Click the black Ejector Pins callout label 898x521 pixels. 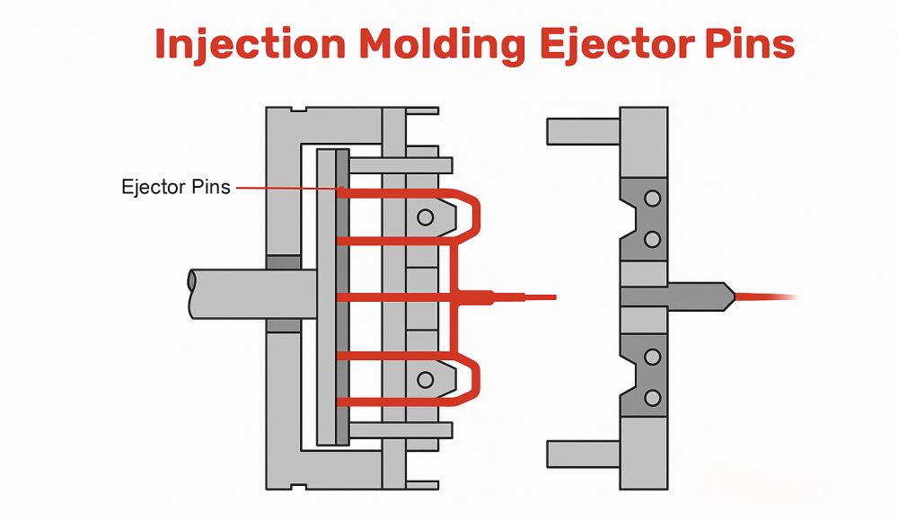(175, 188)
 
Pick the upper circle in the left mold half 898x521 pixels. (425, 216)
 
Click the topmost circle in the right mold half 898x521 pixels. (653, 198)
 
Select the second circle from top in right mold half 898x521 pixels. (653, 239)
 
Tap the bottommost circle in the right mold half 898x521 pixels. (653, 397)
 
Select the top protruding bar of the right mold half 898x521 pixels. (583, 131)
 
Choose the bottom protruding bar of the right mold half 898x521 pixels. (583, 454)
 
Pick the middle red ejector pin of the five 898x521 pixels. (395, 296)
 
